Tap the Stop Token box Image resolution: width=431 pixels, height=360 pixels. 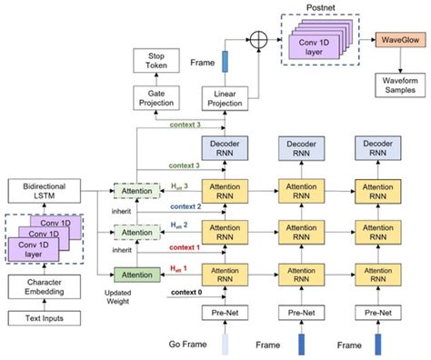tap(157, 61)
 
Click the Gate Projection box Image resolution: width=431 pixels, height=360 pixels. tap(157, 99)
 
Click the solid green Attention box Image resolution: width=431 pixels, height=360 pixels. tap(133, 274)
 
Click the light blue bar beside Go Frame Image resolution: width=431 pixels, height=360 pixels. tap(225, 345)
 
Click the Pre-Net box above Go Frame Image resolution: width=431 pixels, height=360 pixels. tap(224, 314)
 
